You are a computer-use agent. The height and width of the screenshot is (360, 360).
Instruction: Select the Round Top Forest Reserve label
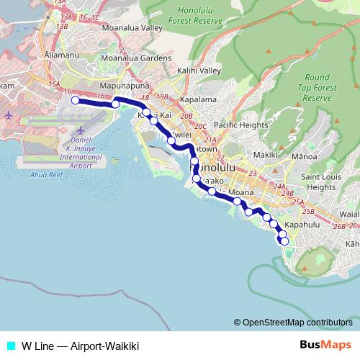[317, 87]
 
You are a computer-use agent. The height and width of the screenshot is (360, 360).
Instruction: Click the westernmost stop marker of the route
[75, 101]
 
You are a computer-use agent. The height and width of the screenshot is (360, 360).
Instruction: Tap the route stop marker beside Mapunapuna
[115, 104]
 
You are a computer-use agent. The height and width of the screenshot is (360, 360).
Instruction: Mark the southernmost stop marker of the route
[284, 242]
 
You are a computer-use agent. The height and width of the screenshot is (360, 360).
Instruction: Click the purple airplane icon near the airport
[9, 115]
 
